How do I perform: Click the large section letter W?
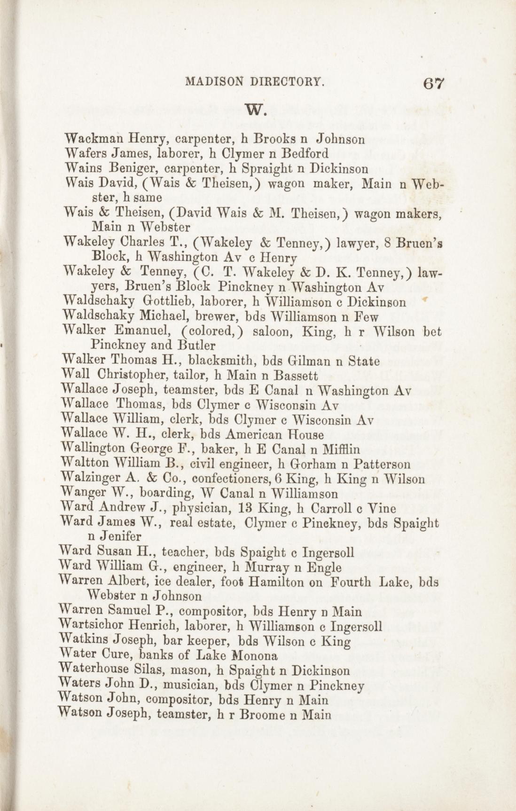(258, 110)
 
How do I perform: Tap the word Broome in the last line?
(262, 715)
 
